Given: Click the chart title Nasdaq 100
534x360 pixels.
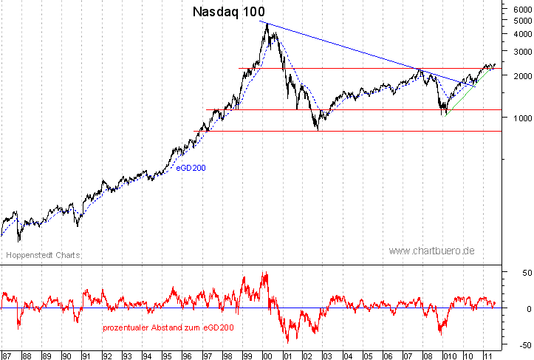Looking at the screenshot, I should (x=228, y=12).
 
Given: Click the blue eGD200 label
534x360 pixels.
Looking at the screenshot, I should (x=191, y=168).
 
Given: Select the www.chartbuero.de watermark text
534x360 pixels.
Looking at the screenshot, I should (x=431, y=251).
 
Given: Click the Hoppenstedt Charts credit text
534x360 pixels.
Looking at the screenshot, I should (x=43, y=255).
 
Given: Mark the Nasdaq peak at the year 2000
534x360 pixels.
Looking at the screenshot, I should (x=266, y=24).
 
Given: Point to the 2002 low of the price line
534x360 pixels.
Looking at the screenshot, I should (x=318, y=130).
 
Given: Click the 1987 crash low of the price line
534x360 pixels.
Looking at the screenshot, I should (x=18, y=241).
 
